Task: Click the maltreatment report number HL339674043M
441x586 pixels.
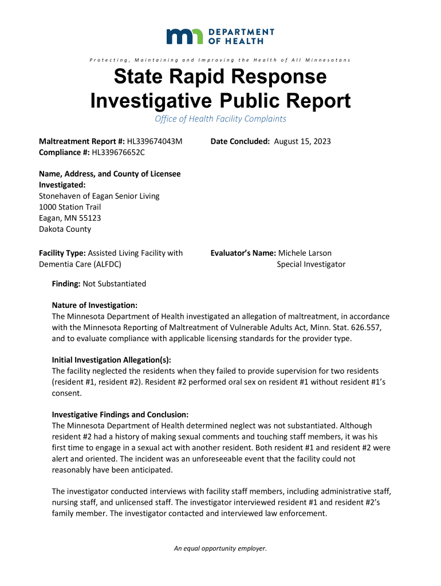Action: [x=155, y=141]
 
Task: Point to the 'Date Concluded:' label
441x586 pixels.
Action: [x=240, y=141]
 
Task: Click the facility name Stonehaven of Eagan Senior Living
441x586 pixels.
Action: [x=99, y=196]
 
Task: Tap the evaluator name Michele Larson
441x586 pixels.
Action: [x=305, y=253]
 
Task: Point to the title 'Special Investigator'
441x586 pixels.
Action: [x=311, y=264]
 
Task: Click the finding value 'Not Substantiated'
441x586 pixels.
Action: [x=115, y=283]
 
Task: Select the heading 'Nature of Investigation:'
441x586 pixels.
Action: [x=94, y=306]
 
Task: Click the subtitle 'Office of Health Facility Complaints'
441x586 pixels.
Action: [x=220, y=119]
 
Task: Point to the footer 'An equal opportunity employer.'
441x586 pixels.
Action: [x=220, y=548]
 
